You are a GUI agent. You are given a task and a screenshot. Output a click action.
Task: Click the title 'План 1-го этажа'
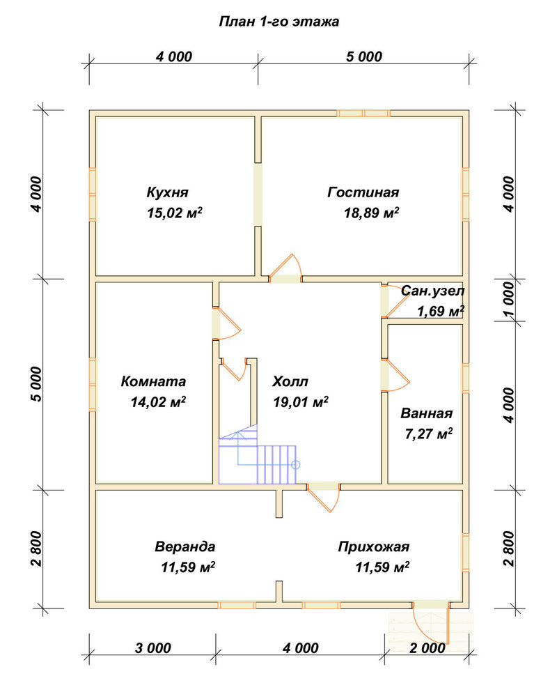tap(278, 22)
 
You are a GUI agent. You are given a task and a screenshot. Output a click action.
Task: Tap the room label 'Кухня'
tap(168, 192)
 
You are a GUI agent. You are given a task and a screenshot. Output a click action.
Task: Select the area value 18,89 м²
tap(371, 213)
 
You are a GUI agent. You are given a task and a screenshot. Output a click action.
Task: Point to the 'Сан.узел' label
tap(432, 291)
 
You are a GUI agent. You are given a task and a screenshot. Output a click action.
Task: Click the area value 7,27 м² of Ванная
tap(429, 434)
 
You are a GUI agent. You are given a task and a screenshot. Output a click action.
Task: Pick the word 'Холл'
tap(290, 381)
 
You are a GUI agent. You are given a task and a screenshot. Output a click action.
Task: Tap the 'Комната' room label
tap(153, 381)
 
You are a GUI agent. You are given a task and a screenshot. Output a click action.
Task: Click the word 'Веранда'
tap(185, 546)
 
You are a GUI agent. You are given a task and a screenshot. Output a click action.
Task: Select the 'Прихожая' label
tap(374, 546)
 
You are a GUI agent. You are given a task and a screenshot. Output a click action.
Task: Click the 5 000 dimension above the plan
tap(364, 57)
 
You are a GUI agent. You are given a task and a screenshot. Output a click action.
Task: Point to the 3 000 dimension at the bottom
tap(152, 648)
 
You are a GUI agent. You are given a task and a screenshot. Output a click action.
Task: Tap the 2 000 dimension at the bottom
tap(427, 648)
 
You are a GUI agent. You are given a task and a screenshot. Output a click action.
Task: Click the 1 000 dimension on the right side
tap(509, 300)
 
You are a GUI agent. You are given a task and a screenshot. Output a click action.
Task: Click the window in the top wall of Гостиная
tap(363, 114)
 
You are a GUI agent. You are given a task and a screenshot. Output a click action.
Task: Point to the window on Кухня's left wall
tap(93, 194)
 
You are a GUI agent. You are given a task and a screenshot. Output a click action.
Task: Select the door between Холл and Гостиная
tap(285, 269)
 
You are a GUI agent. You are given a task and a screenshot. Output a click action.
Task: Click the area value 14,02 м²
tap(158, 402)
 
